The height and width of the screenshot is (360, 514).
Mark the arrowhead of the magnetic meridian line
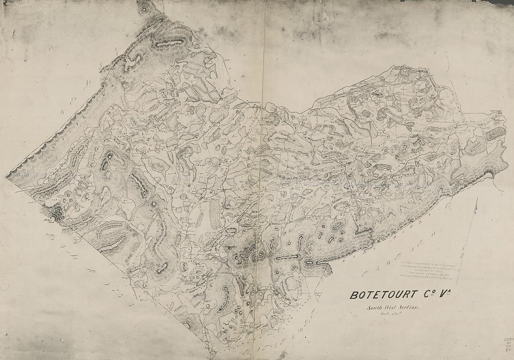coord(477,199)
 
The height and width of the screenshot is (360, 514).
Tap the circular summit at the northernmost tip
coord(145,7)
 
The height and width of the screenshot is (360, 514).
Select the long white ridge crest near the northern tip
coord(168,43)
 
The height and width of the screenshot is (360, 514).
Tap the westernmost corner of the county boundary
coord(7,176)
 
